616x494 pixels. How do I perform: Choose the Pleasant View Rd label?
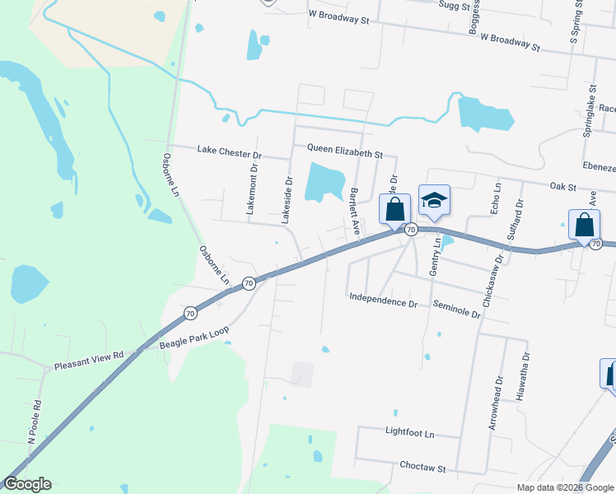tap(88, 361)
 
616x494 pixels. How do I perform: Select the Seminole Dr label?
tap(456, 308)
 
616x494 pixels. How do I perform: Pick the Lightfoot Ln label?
tap(409, 431)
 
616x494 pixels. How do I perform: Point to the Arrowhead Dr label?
tap(495, 404)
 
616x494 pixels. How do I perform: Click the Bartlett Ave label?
tap(356, 213)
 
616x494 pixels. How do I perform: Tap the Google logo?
tap(28, 484)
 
